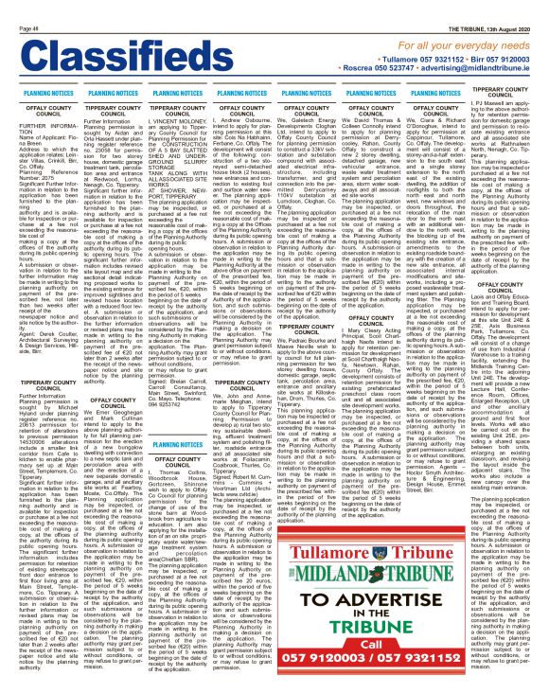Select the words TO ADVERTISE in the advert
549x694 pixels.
click(365, 579)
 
